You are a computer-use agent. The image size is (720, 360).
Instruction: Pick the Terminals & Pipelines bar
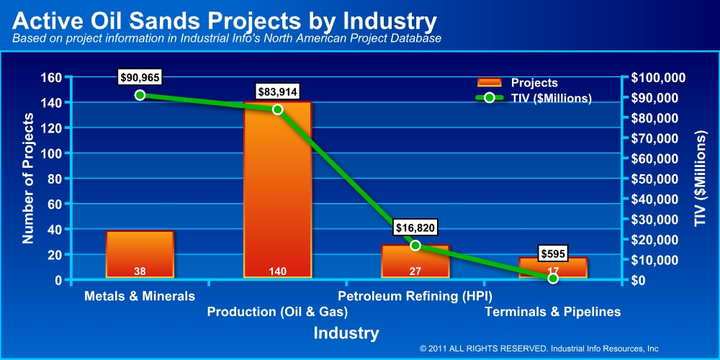[x=553, y=267]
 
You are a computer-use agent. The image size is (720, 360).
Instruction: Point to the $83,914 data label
[x=278, y=91]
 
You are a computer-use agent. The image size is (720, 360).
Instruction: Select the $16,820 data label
[x=415, y=228]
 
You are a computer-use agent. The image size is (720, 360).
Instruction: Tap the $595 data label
[x=554, y=253]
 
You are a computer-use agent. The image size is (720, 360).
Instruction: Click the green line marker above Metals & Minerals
[x=140, y=95]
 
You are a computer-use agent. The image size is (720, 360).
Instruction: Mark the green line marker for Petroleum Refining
[x=415, y=246]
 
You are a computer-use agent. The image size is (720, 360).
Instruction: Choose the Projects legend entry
[x=518, y=83]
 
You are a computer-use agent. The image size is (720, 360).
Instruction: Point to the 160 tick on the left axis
[x=50, y=78]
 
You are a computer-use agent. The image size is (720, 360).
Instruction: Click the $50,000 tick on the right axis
[x=658, y=179]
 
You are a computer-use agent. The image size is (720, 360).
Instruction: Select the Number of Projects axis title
[x=29, y=179]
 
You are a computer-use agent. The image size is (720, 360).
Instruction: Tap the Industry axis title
[x=346, y=333]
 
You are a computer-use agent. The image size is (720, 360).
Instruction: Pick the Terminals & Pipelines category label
[x=552, y=312]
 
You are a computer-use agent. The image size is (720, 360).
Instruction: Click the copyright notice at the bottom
[x=539, y=348]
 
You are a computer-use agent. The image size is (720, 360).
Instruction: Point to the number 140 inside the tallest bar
[x=278, y=271]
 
